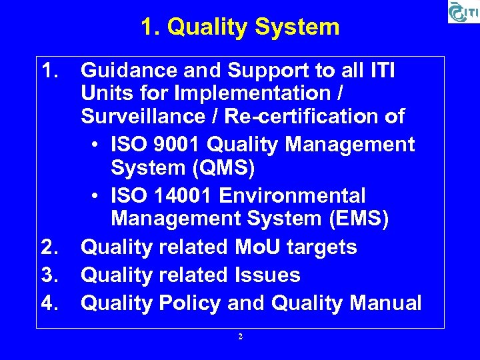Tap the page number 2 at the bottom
tap(240, 337)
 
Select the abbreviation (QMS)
tap(221, 168)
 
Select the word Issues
tap(270, 275)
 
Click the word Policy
tap(189, 303)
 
